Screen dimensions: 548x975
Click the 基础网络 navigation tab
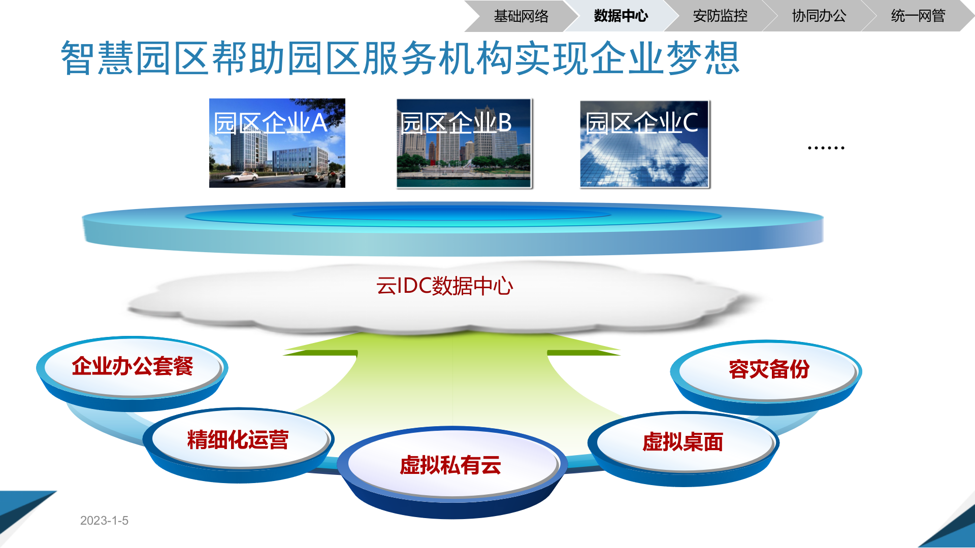pyautogui.click(x=521, y=16)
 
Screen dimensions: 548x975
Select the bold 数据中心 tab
pyautogui.click(x=621, y=16)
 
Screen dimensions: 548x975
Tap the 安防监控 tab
pyautogui.click(x=720, y=16)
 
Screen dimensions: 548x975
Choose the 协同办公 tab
pyautogui.click(x=819, y=16)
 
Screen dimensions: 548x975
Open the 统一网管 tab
pyautogui.click(x=918, y=16)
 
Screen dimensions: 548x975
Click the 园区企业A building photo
pyautogui.click(x=277, y=152)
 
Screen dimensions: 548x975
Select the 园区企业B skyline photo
pyautogui.click(x=464, y=152)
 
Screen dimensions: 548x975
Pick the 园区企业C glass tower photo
pyautogui.click(x=644, y=152)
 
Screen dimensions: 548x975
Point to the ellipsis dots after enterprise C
pyautogui.click(x=826, y=148)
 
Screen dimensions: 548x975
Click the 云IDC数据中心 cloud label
pyautogui.click(x=444, y=286)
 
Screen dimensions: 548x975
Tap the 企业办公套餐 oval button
pyautogui.click(x=132, y=366)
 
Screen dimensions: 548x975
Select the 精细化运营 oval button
pyautogui.click(x=238, y=439)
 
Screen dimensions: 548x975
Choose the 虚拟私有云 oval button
pyautogui.click(x=450, y=465)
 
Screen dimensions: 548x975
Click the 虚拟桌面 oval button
pyautogui.click(x=682, y=442)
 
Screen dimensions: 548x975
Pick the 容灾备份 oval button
pyautogui.click(x=768, y=369)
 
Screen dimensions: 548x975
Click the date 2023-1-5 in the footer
pyautogui.click(x=104, y=521)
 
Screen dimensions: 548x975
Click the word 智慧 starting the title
pyautogui.click(x=97, y=58)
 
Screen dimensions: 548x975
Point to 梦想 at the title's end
pyautogui.click(x=703, y=58)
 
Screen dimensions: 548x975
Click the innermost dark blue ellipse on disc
pyautogui.click(x=452, y=214)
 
